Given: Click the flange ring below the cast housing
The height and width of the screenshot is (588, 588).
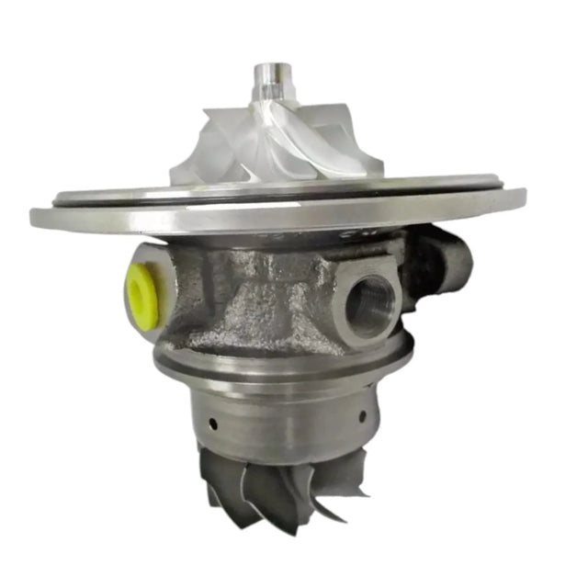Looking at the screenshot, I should point(276,366).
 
